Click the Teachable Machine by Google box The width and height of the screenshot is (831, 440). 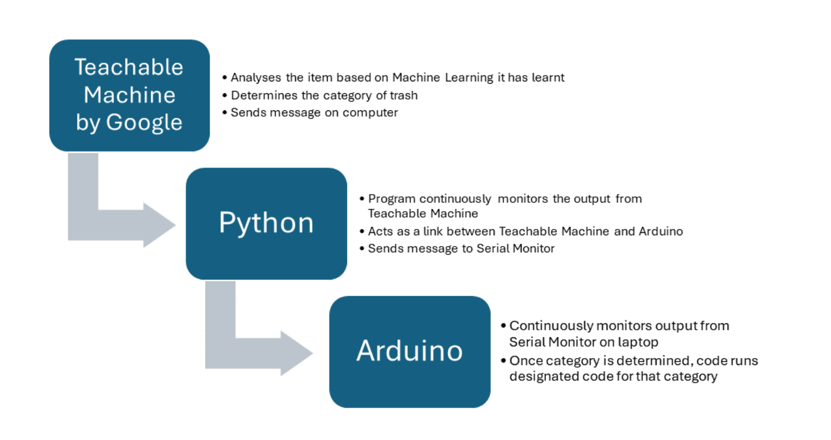tap(130, 96)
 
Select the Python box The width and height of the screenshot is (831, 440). tap(266, 224)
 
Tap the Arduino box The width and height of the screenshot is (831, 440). tap(410, 352)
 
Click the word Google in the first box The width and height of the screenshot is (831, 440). tap(144, 123)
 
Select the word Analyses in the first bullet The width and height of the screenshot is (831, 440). tap(256, 78)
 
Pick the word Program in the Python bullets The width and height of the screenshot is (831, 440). tap(392, 199)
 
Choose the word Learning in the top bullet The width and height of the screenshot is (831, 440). tap(469, 78)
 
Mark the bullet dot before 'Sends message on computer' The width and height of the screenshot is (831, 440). tap(225, 113)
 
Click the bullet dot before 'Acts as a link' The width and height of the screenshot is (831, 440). tap(362, 232)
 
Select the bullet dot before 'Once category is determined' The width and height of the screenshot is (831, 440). tap(503, 361)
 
